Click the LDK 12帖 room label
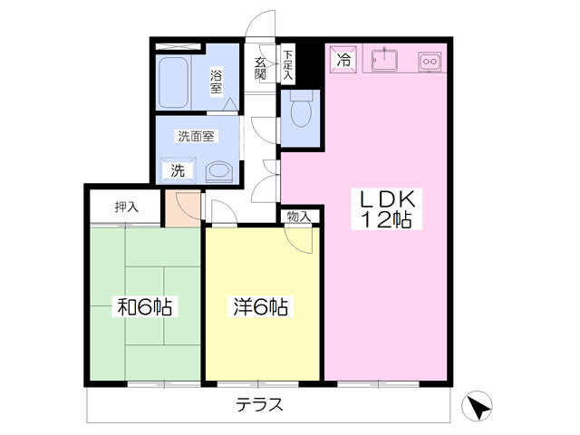pos(387,209)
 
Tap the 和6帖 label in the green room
pos(145,306)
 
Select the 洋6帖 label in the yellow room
pos(260,306)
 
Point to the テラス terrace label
pos(260,404)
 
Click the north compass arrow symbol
pos(478,405)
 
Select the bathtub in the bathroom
pos(173,82)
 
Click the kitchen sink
pos(384,59)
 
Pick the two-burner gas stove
pos(430,62)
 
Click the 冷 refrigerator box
pos(343,59)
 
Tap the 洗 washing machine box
pos(178,170)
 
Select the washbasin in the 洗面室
pos(219,172)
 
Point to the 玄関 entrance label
pos(260,69)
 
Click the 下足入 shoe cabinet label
pos(288,64)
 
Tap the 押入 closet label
pos(127,207)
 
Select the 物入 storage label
pos(299,217)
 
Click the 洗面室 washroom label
pos(196,136)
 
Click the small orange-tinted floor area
pos(183,208)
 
